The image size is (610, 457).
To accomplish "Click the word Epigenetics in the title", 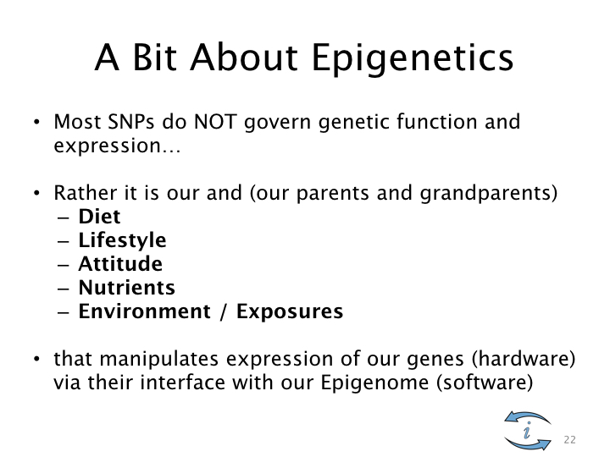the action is pos(413,58).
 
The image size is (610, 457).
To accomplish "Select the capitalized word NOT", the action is pos(215,122).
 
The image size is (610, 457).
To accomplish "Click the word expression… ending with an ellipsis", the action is pos(117,146).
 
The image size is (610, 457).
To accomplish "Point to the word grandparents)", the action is pos(489,193).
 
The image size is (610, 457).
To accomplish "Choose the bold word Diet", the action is pos(100,217).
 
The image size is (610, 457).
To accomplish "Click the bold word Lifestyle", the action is pos(123,241).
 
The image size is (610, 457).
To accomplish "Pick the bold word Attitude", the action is pos(120,264).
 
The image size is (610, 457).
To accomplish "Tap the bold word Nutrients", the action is pos(127,288).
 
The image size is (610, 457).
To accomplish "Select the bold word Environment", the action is pos(145,311).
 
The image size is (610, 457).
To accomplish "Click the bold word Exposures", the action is pos(290,312).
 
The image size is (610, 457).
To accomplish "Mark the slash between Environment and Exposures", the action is pos(223,312).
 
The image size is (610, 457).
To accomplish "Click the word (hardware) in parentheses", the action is pos(524,358).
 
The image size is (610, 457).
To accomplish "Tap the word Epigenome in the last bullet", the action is pos(375,383).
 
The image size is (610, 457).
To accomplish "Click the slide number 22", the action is pos(569,440).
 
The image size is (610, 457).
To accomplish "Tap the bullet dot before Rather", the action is pos(37,193).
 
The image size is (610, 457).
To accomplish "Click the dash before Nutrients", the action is pos(63,289).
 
